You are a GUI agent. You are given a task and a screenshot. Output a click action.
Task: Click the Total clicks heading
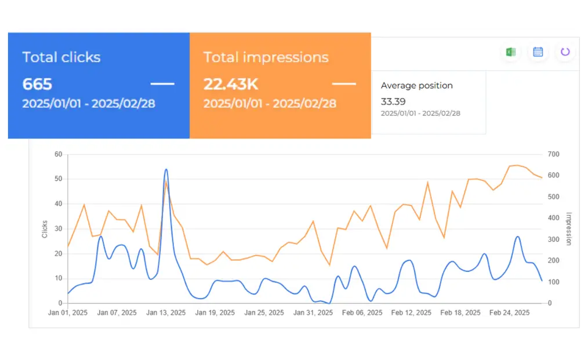pos(61,57)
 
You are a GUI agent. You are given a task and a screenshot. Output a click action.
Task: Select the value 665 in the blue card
pos(37,85)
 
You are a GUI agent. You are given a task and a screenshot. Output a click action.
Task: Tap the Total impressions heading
pos(266,57)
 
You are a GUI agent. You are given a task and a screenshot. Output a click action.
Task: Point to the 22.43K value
pos(230,85)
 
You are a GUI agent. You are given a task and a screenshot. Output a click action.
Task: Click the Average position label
pos(416,86)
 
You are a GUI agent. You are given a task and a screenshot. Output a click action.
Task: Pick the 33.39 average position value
pos(393,101)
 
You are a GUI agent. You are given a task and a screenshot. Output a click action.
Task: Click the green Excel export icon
pos(510,52)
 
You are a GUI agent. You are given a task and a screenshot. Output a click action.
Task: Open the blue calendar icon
pos(538,52)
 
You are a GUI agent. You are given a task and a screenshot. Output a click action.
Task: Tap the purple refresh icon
pos(565,52)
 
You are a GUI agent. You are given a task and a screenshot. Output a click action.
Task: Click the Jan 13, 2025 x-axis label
pos(166,313)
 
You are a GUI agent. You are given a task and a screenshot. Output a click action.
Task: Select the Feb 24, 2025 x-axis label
pos(510,313)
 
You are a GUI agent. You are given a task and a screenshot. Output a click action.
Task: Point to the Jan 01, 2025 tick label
pos(67,313)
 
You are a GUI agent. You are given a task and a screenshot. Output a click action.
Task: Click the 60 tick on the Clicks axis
pos(58,154)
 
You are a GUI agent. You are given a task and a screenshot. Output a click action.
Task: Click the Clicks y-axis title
pos(45,229)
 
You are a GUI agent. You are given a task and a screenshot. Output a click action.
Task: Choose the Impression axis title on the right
pos(568,229)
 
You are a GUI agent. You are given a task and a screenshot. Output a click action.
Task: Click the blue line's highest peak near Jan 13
pos(166,169)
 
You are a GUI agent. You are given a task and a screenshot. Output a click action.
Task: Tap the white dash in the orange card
pos(344,84)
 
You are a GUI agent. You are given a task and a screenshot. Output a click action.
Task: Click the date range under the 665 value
pos(88,104)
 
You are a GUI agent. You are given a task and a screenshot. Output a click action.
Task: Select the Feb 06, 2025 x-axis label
pos(362,313)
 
